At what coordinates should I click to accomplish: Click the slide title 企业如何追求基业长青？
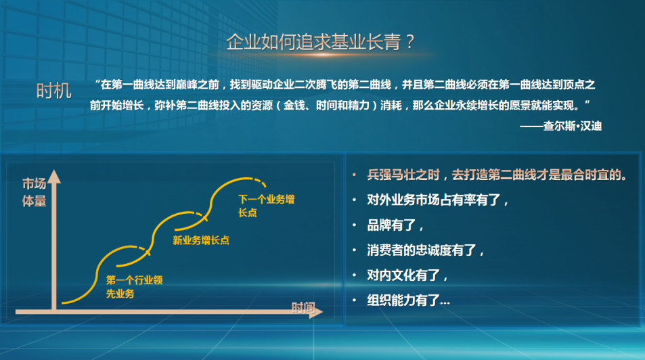(x=320, y=41)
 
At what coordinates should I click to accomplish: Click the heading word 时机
(x=54, y=91)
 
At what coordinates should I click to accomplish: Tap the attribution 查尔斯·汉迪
(x=572, y=126)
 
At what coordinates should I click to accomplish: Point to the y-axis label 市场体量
(x=34, y=192)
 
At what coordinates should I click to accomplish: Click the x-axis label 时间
(x=303, y=307)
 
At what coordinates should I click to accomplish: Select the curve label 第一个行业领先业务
(x=134, y=287)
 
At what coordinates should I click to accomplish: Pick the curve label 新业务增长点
(x=201, y=240)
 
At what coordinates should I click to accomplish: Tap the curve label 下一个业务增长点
(x=266, y=206)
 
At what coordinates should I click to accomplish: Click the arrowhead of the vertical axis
(x=54, y=177)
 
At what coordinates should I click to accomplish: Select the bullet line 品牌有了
(x=395, y=225)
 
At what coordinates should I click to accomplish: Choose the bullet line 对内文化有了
(x=407, y=275)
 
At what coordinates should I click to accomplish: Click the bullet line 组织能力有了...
(x=409, y=300)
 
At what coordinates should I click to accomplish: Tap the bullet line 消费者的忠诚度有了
(x=426, y=250)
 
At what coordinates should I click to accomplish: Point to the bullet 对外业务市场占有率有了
(x=438, y=200)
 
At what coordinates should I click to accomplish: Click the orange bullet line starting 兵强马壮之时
(x=497, y=175)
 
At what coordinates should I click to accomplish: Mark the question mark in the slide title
(x=409, y=41)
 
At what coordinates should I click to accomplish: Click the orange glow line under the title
(x=323, y=55)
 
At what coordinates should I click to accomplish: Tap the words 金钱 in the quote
(x=294, y=106)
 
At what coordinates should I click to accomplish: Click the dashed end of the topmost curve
(x=261, y=182)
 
